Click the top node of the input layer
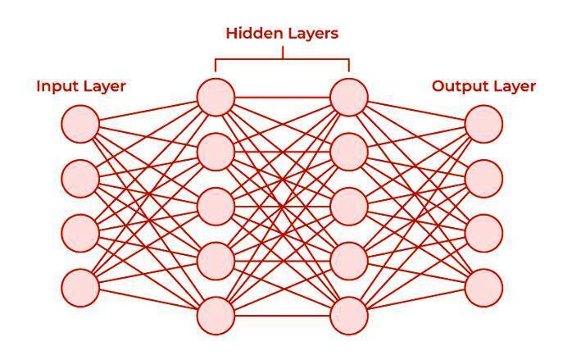[x=80, y=124]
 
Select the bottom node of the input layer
[x=80, y=287]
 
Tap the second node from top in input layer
[x=80, y=177]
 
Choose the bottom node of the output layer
[x=483, y=287]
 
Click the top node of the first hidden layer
[x=216, y=96]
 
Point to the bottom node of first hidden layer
[x=216, y=316]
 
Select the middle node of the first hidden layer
[x=216, y=206]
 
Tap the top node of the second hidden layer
[x=349, y=96]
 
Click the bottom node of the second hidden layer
[x=349, y=316]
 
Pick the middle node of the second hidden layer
[x=349, y=206]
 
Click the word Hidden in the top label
[x=252, y=34]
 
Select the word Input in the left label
[x=55, y=86]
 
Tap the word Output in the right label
[x=457, y=86]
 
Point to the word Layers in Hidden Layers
[x=311, y=34]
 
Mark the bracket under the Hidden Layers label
[x=283, y=59]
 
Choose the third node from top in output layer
[x=483, y=233]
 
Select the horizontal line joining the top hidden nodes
[x=283, y=96]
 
